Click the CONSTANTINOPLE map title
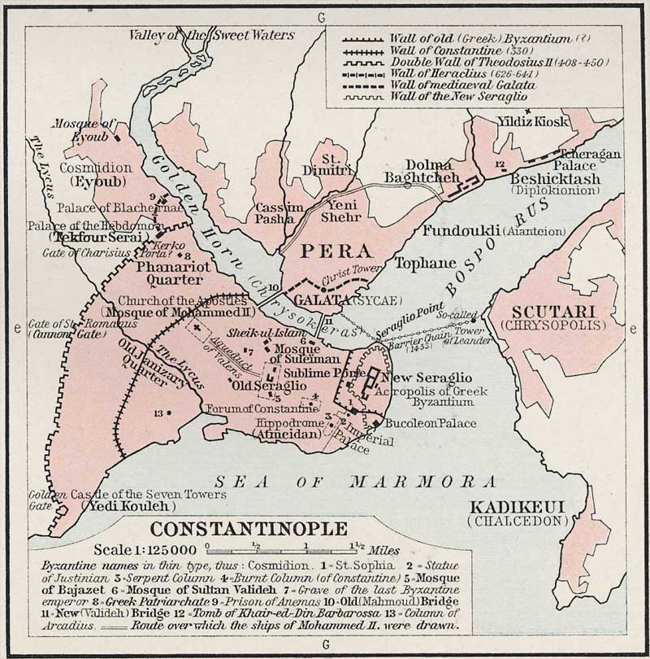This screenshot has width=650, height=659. [x=249, y=528]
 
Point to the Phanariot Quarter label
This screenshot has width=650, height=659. [x=173, y=271]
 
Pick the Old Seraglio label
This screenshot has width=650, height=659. [x=268, y=385]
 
